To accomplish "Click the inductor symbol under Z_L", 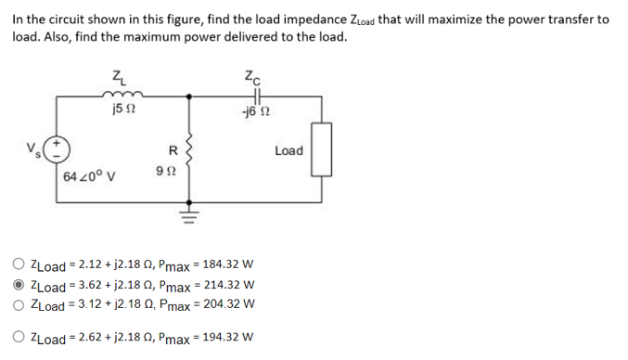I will click(x=120, y=95).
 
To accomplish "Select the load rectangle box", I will click(x=323, y=150).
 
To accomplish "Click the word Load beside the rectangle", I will click(x=288, y=150).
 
